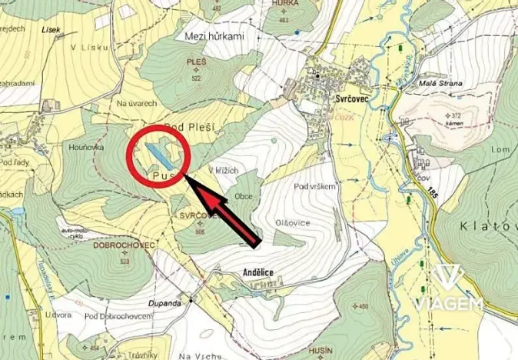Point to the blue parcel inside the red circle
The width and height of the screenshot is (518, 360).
(x=161, y=157)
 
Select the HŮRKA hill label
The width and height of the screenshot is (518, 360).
(x=285, y=3)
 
